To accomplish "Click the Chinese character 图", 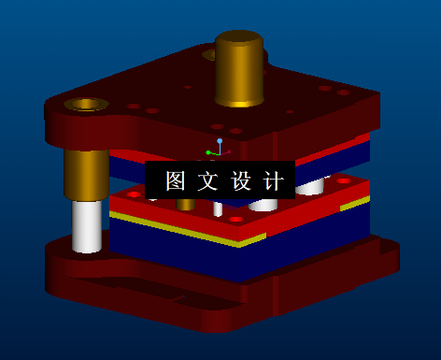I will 175,180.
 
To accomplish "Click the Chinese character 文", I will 206,180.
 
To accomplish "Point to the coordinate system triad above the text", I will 217,151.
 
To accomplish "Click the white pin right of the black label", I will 310,186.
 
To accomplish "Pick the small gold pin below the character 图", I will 186,203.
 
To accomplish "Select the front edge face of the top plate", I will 168,140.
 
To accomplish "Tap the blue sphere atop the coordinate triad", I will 220,141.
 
